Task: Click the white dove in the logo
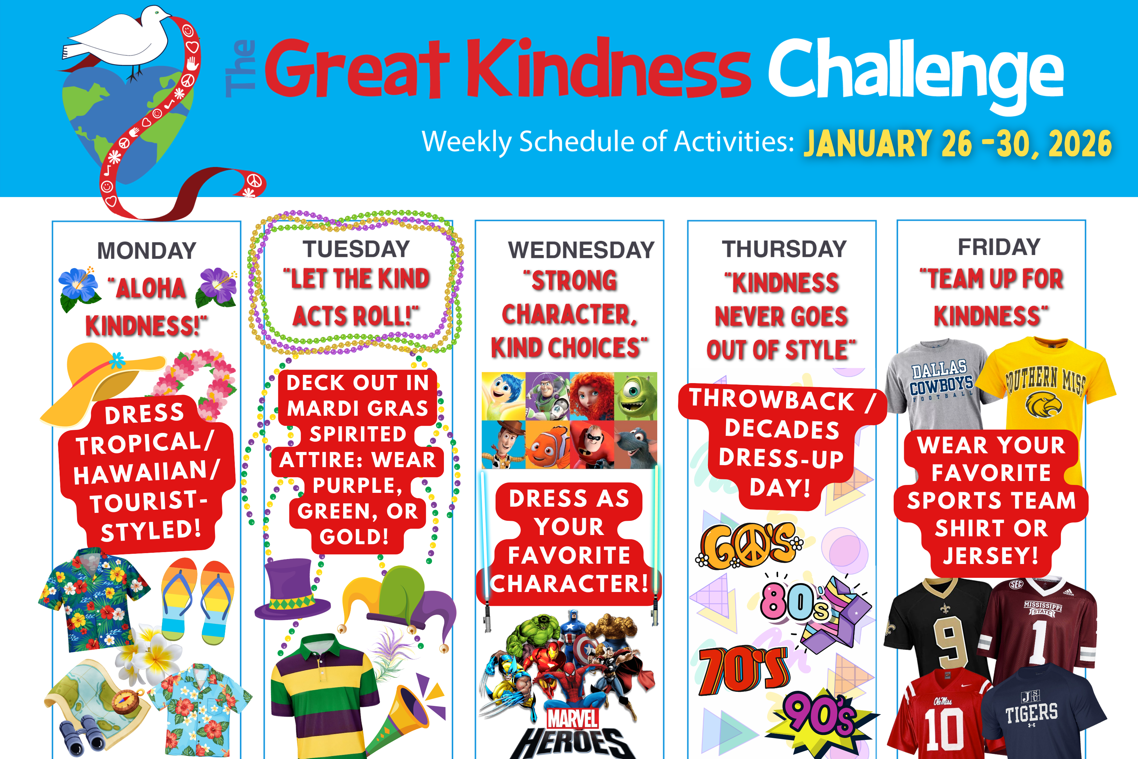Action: coord(119,39)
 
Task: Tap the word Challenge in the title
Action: coord(916,72)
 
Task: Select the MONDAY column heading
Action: coord(147,251)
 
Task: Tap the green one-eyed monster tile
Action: coord(635,396)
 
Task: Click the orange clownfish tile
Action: coord(547,444)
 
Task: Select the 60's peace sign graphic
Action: coord(747,546)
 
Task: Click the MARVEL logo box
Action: coord(572,718)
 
